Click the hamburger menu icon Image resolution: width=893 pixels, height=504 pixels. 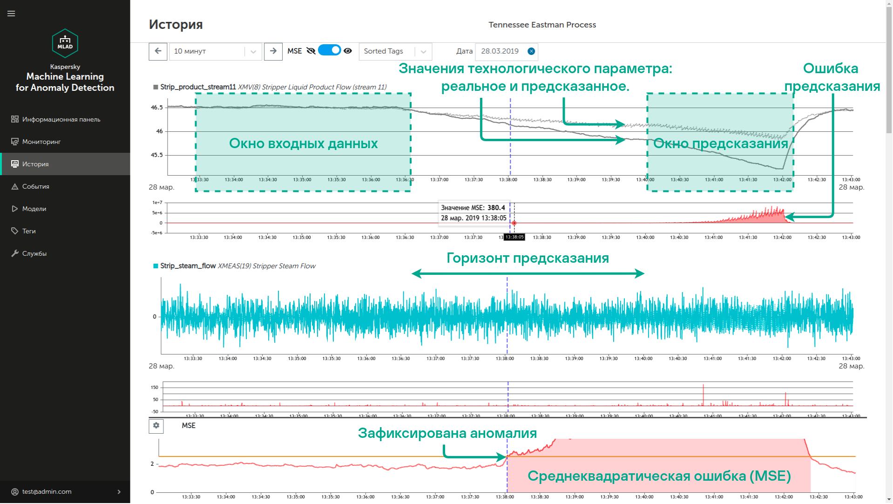pyautogui.click(x=11, y=14)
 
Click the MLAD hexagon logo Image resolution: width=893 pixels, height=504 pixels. pyautogui.click(x=65, y=43)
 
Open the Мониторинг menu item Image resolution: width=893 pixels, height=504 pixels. pyautogui.click(x=41, y=142)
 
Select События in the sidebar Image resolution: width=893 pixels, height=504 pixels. pyautogui.click(x=35, y=186)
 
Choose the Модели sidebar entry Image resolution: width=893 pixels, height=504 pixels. pyautogui.click(x=34, y=209)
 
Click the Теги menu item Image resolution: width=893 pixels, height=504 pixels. pyautogui.click(x=29, y=231)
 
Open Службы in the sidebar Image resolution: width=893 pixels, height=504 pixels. pyautogui.click(x=34, y=253)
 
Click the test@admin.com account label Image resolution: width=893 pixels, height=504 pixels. pyautogui.click(x=47, y=491)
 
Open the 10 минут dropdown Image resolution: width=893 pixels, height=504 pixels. pyautogui.click(x=215, y=51)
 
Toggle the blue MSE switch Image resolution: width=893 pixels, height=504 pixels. pyautogui.click(x=330, y=50)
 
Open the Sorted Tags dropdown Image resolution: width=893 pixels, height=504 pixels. pyautogui.click(x=395, y=51)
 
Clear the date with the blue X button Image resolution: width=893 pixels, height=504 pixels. pyautogui.click(x=531, y=51)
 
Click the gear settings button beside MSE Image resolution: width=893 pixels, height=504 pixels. pyautogui.click(x=156, y=426)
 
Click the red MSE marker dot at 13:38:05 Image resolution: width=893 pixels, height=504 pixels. pyautogui.click(x=514, y=223)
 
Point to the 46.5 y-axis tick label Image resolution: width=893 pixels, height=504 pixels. pyautogui.click(x=157, y=108)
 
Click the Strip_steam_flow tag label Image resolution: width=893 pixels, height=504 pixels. pyautogui.click(x=188, y=266)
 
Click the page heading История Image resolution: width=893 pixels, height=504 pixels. pyautogui.click(x=176, y=25)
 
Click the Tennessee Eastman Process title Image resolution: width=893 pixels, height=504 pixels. pyautogui.click(x=542, y=25)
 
